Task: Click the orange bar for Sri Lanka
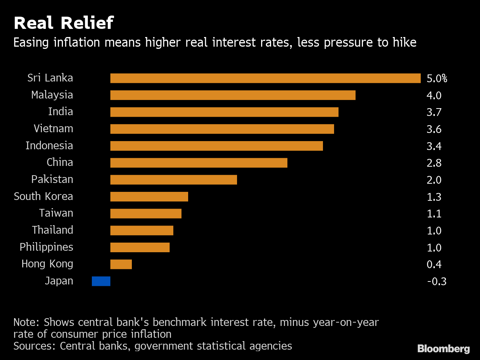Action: pyautogui.click(x=265, y=78)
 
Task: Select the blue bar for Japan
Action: pyautogui.click(x=101, y=281)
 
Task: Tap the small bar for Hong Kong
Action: pyautogui.click(x=121, y=264)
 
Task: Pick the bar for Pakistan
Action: pyautogui.click(x=173, y=180)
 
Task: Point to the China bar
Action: pyautogui.click(x=199, y=163)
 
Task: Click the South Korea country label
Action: pyautogui.click(x=43, y=196)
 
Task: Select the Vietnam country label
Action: pyautogui.click(x=53, y=129)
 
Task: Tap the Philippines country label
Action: pyautogui.click(x=46, y=247)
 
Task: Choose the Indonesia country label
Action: pyautogui.click(x=49, y=146)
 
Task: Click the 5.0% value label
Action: pyautogui.click(x=437, y=79)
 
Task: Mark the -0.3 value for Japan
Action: pyautogui.click(x=437, y=281)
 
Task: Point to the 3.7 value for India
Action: pyautogui.click(x=434, y=112)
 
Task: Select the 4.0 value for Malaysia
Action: pyautogui.click(x=434, y=96)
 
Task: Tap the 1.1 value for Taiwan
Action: pyautogui.click(x=434, y=214)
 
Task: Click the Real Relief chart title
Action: pyautogui.click(x=63, y=23)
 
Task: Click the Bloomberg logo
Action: pyautogui.click(x=443, y=349)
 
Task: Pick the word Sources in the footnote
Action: pyautogui.click(x=34, y=346)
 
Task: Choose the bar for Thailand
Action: pyautogui.click(x=141, y=231)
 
